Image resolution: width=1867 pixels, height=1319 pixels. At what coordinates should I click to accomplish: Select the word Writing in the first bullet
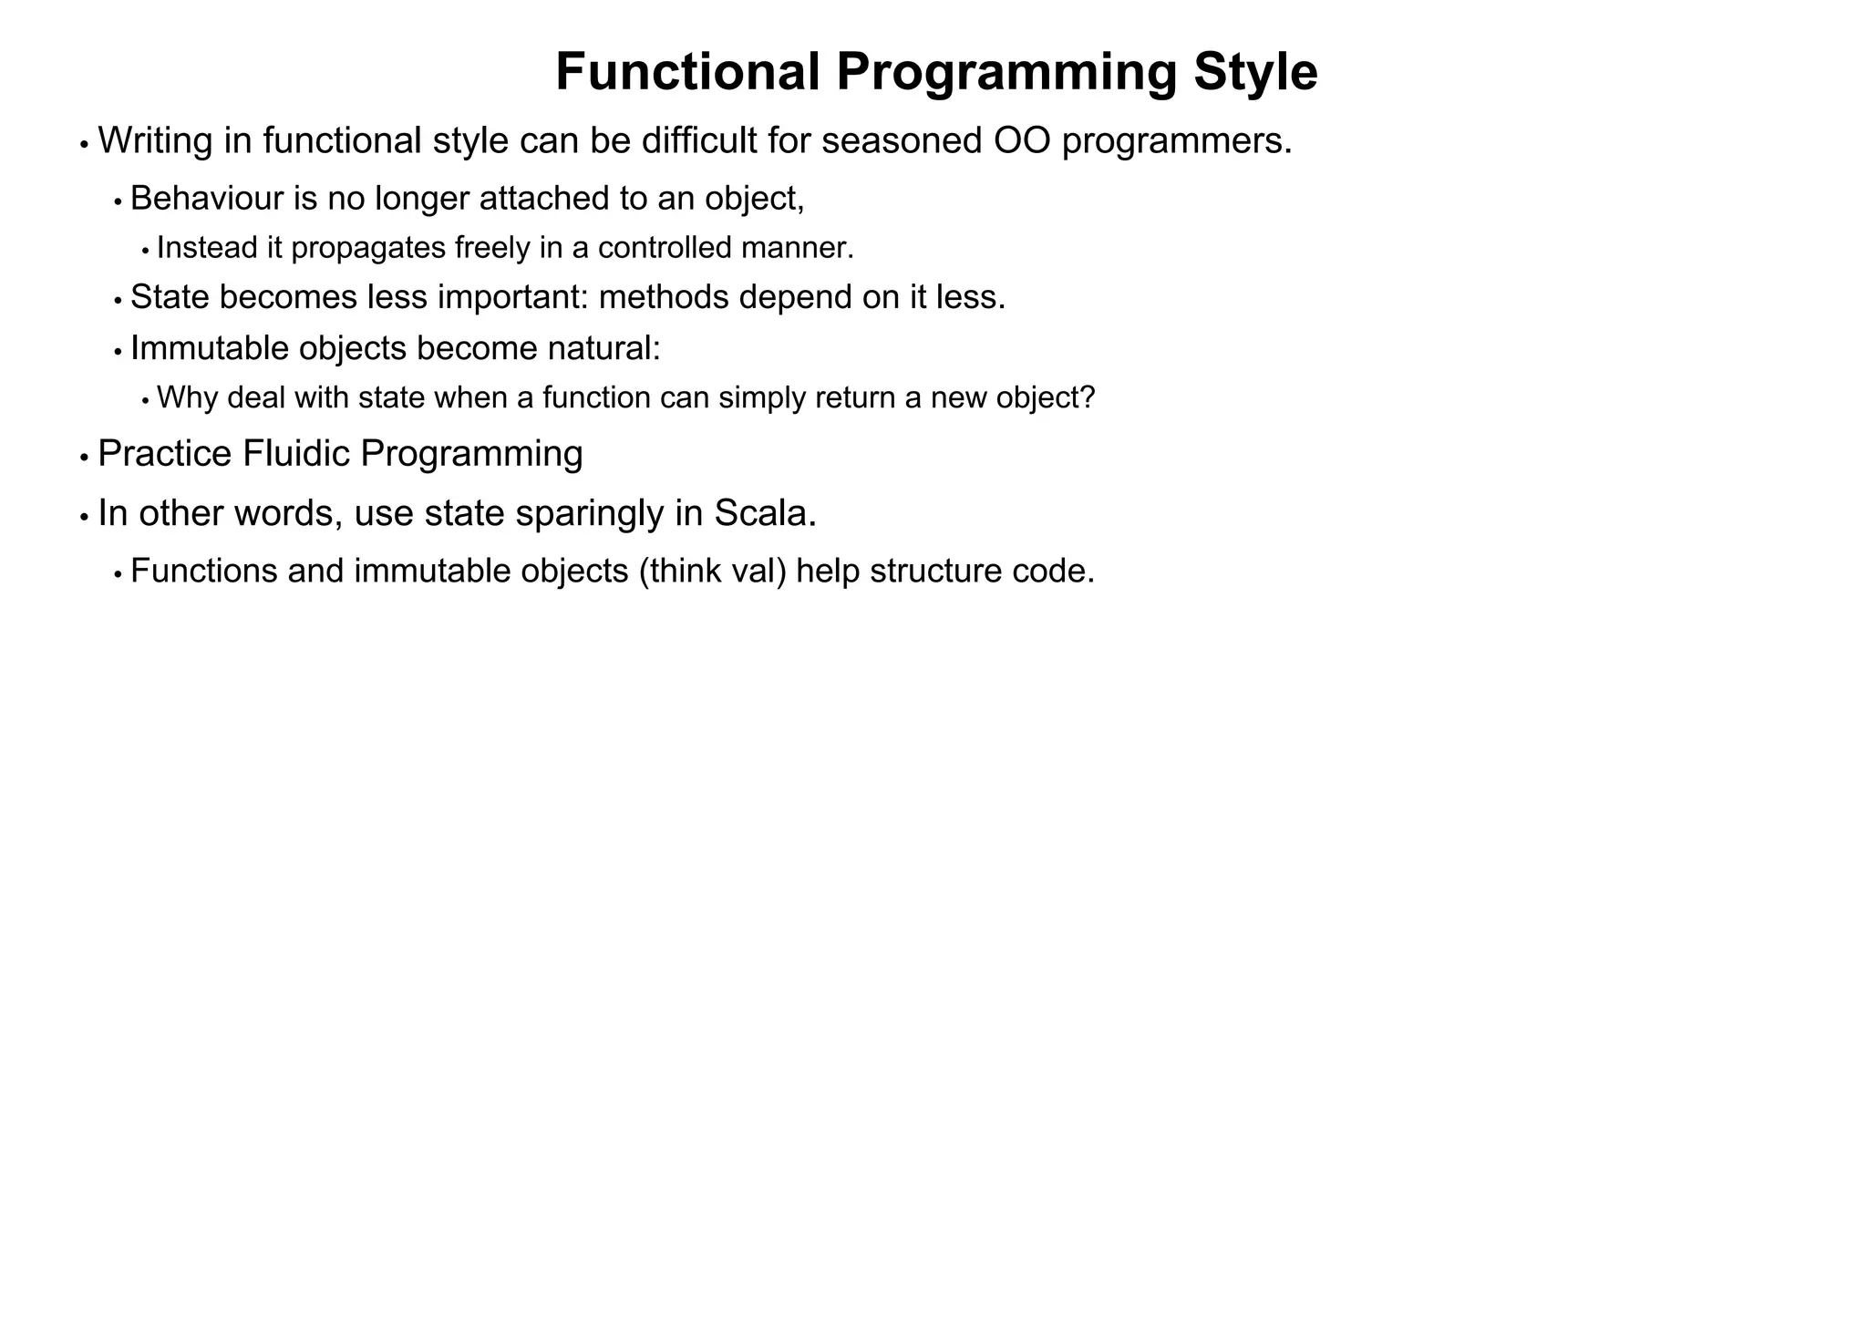coord(151,141)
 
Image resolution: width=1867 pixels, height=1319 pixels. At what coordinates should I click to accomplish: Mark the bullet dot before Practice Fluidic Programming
coord(84,458)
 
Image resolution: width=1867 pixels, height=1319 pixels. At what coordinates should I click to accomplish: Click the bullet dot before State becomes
coord(118,300)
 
